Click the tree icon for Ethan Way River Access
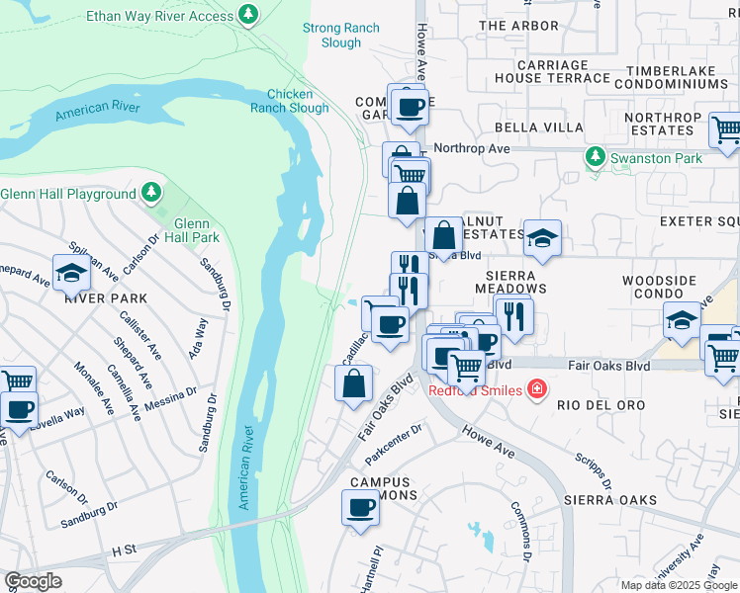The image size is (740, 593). tap(248, 16)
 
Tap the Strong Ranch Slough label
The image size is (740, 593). tap(340, 36)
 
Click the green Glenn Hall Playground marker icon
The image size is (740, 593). tap(149, 191)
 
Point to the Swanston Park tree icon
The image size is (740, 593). tap(594, 157)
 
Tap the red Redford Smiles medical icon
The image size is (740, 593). tap(536, 390)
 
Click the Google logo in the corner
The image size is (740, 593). tap(33, 581)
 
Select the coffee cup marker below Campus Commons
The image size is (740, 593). tap(360, 509)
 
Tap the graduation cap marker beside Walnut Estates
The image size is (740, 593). tap(542, 238)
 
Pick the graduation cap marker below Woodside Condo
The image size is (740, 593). tap(681, 320)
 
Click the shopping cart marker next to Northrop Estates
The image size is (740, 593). tap(726, 129)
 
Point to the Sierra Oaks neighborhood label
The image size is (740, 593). tap(610, 501)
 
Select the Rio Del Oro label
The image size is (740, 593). tap(601, 406)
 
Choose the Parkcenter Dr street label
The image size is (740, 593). tap(393, 431)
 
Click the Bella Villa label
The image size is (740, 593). tap(525, 128)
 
